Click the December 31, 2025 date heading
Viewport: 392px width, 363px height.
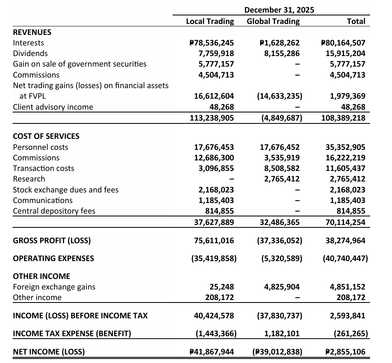[279, 10]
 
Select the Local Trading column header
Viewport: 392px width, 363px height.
[210, 21]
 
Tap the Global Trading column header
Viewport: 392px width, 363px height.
[273, 21]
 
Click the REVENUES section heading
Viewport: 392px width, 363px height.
[32, 32]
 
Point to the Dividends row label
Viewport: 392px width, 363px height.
[30, 53]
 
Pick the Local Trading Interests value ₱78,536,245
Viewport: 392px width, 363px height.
[212, 43]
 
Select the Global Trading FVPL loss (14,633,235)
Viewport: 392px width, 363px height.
[279, 96]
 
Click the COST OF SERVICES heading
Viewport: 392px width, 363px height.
[46, 136]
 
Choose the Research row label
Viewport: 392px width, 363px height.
[29, 179]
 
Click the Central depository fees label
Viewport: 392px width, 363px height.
[54, 211]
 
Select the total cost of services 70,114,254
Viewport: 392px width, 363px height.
[345, 222]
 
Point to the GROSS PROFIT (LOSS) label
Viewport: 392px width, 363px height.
[52, 240]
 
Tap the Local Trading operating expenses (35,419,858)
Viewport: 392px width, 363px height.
[214, 258]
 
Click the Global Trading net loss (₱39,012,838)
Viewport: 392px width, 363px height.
[277, 352]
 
